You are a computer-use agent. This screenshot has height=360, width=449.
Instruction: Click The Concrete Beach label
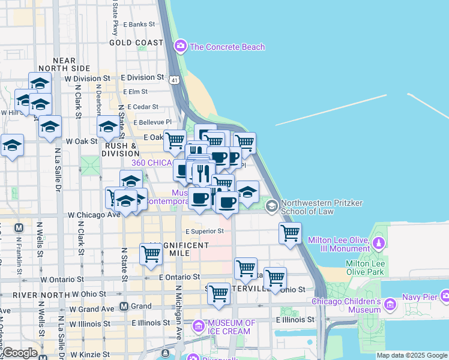click(x=227, y=47)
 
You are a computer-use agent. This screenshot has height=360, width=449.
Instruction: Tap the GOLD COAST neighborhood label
click(x=136, y=43)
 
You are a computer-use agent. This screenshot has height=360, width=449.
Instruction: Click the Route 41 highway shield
click(x=173, y=79)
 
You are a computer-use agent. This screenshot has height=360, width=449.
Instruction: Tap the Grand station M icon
click(x=124, y=306)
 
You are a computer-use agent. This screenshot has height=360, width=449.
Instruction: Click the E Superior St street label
click(x=204, y=230)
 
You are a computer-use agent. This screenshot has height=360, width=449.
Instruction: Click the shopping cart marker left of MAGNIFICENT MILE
click(x=151, y=253)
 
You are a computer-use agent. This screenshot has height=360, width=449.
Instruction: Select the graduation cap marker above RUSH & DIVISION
click(x=108, y=127)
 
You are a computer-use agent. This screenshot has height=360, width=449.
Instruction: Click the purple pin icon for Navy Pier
click(x=445, y=296)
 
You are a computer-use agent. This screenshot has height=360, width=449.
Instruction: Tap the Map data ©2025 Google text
click(x=412, y=355)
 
